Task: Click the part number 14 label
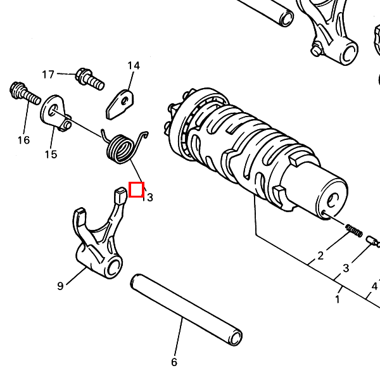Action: [134, 66]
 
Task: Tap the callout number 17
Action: [47, 74]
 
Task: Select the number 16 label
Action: [23, 140]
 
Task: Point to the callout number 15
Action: [51, 155]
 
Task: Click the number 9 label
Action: [60, 286]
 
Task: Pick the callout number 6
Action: [174, 362]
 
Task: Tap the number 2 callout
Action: [320, 256]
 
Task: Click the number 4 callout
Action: [374, 286]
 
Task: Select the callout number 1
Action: [338, 300]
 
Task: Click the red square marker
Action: [136, 189]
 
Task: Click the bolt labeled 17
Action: [90, 79]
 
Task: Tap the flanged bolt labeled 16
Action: [25, 93]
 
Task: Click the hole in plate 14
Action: [125, 101]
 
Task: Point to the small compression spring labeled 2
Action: [354, 231]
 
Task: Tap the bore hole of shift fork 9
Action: [113, 268]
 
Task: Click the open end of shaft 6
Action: [236, 338]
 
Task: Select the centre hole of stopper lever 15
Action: [53, 110]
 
